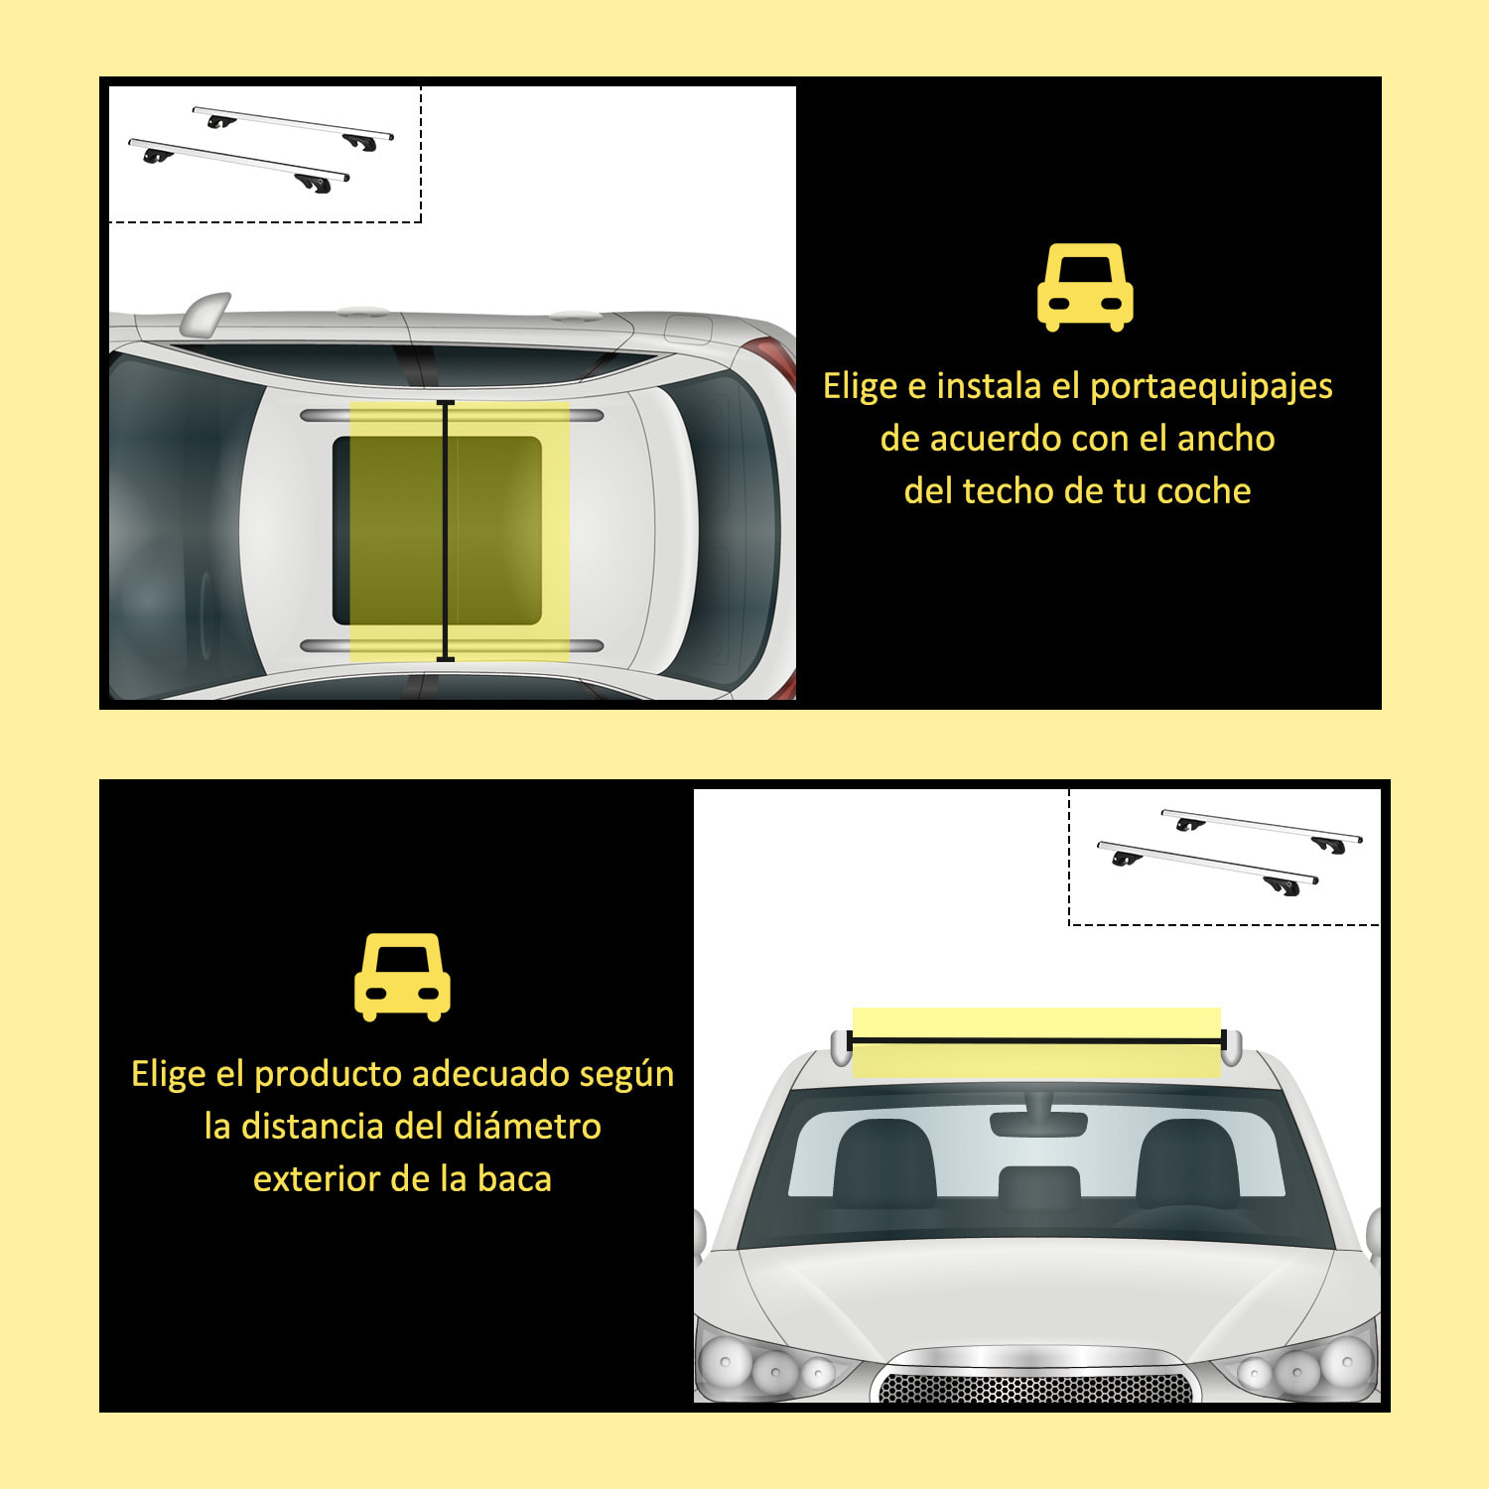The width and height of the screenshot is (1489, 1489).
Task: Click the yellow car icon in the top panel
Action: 1085,287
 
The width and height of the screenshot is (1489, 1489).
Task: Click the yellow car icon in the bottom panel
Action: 402,977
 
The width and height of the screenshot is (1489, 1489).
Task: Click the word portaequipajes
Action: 1211,386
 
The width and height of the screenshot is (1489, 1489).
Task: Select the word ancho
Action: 1225,439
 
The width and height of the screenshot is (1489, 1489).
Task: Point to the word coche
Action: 1203,491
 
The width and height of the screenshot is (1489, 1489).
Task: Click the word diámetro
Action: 526,1127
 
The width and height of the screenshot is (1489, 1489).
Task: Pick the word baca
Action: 514,1179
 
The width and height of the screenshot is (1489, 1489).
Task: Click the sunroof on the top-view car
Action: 437,530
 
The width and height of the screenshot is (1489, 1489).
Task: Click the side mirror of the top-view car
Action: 205,313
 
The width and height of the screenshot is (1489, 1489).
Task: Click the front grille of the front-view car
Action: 1035,1386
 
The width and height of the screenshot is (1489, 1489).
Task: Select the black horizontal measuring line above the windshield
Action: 1036,1041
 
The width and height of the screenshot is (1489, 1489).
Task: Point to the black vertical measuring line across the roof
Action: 446,530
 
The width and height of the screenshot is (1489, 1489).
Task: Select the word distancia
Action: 313,1127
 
